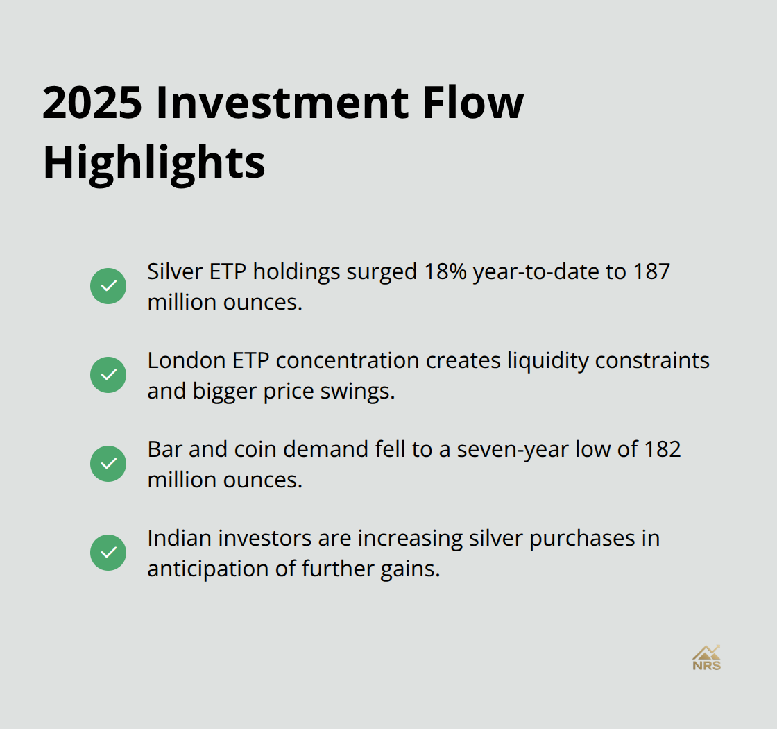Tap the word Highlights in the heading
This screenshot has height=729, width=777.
[154, 163]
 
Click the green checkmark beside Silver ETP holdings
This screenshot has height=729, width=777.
[108, 286]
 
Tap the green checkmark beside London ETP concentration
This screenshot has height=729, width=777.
[108, 375]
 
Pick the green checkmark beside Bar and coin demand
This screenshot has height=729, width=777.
[108, 464]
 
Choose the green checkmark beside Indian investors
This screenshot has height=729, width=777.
[108, 553]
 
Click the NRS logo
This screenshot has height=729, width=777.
[706, 657]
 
